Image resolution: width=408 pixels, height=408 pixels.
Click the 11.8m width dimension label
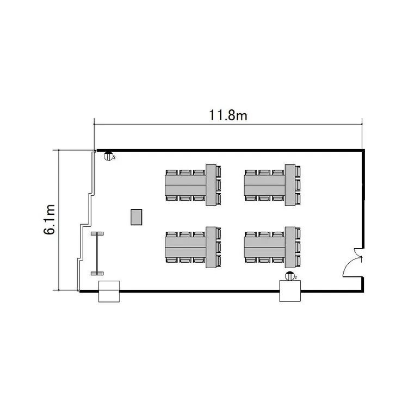228,115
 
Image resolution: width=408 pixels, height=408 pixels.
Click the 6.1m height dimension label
50,220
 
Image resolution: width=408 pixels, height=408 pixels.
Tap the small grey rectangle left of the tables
137,217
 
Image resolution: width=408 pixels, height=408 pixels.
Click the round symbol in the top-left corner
108,156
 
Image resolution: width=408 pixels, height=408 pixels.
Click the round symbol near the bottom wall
289,276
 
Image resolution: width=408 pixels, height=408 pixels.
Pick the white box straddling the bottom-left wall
109,292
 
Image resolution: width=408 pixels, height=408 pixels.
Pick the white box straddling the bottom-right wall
290,291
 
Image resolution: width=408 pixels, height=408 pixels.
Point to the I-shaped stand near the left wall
97,254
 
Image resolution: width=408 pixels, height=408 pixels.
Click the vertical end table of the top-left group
211,185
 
